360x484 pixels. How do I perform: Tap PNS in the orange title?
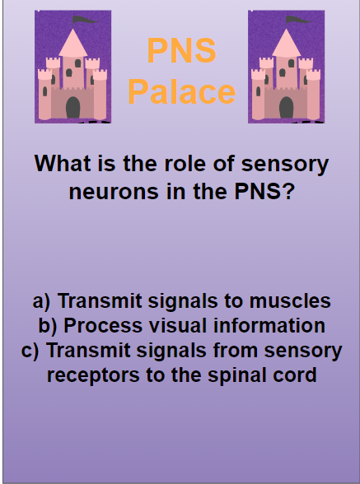[181, 51]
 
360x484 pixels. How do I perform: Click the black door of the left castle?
[73, 107]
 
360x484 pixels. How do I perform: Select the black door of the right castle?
[286, 107]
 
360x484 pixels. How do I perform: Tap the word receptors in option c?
[94, 375]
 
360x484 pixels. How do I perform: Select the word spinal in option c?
[241, 375]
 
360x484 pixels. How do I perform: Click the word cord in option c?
[296, 375]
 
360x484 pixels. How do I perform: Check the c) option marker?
[30, 350]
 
